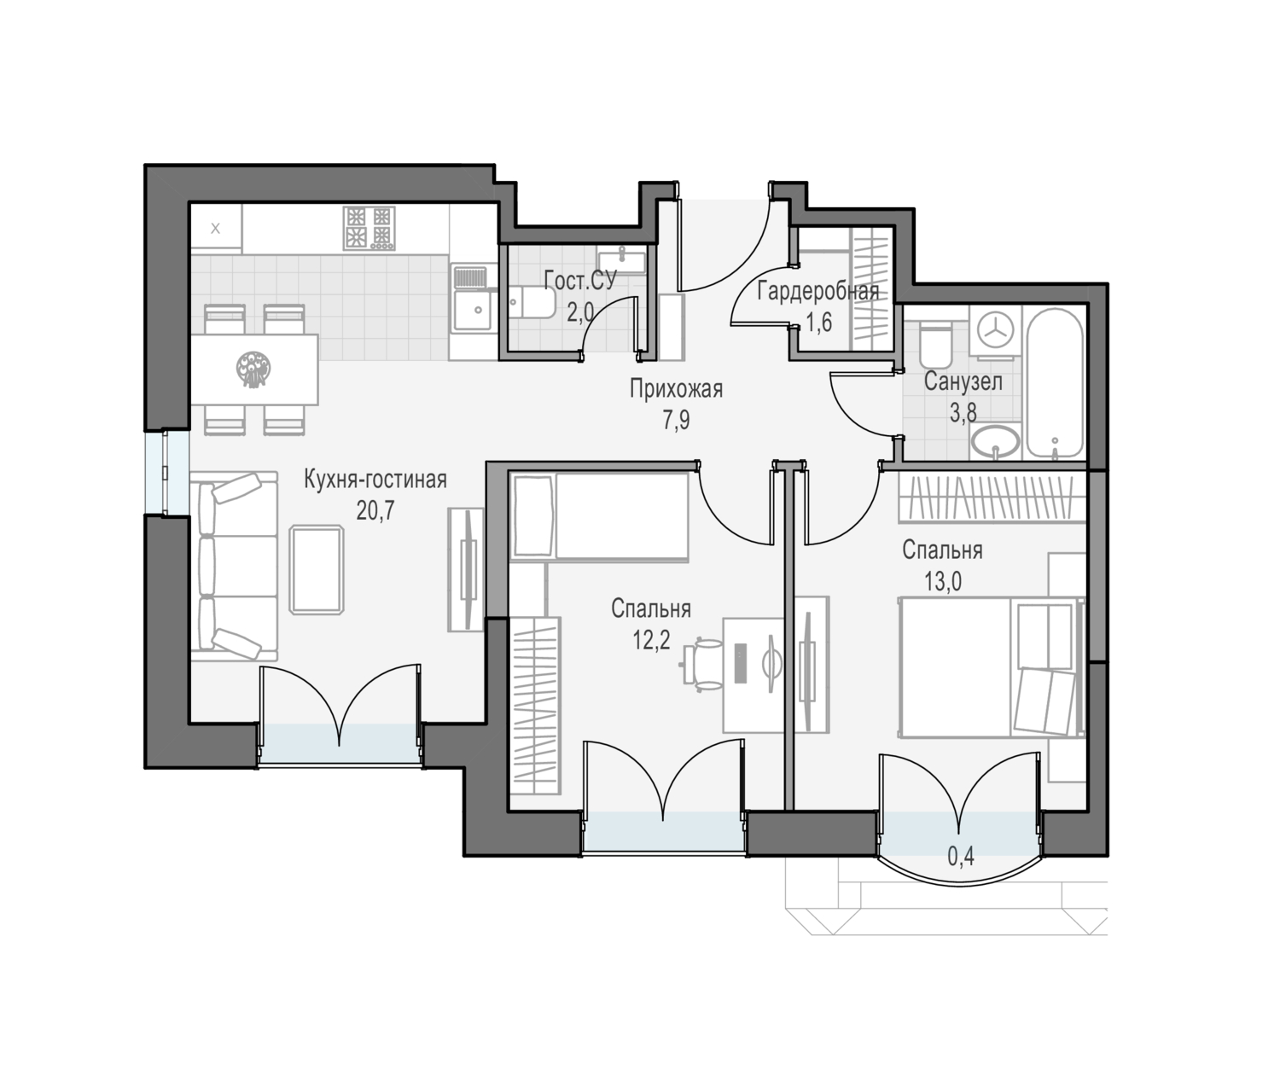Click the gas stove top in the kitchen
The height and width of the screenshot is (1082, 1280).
369,228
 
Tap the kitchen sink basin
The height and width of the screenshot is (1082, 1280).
473,310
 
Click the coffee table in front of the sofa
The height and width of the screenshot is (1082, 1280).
317,569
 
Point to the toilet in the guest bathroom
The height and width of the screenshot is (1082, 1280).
532,302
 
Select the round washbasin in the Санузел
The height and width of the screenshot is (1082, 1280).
995,442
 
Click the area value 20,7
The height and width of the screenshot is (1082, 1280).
375,510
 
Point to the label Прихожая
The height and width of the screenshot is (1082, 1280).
676,390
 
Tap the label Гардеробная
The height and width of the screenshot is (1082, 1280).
818,291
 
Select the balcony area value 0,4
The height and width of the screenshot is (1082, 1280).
961,857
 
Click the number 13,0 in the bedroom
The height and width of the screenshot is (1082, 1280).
942,582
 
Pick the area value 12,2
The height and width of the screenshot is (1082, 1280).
651,640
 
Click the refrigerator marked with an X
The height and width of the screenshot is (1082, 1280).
216,229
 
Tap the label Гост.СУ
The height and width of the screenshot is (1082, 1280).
580,281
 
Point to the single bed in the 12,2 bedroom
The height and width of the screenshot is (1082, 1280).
600,515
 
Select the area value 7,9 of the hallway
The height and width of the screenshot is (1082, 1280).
676,421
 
